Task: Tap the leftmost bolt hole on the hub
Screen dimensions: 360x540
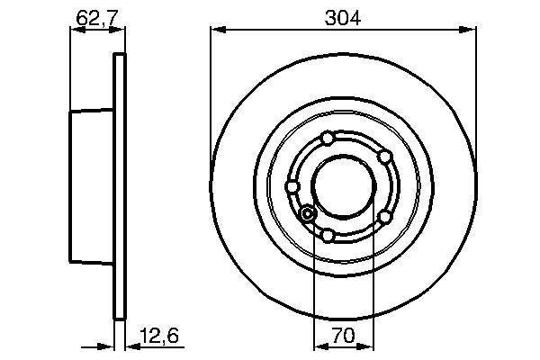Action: [292, 186]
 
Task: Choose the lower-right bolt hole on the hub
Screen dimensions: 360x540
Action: [384, 217]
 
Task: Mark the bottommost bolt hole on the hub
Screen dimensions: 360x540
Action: [328, 236]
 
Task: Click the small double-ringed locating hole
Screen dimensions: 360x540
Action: [308, 214]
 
